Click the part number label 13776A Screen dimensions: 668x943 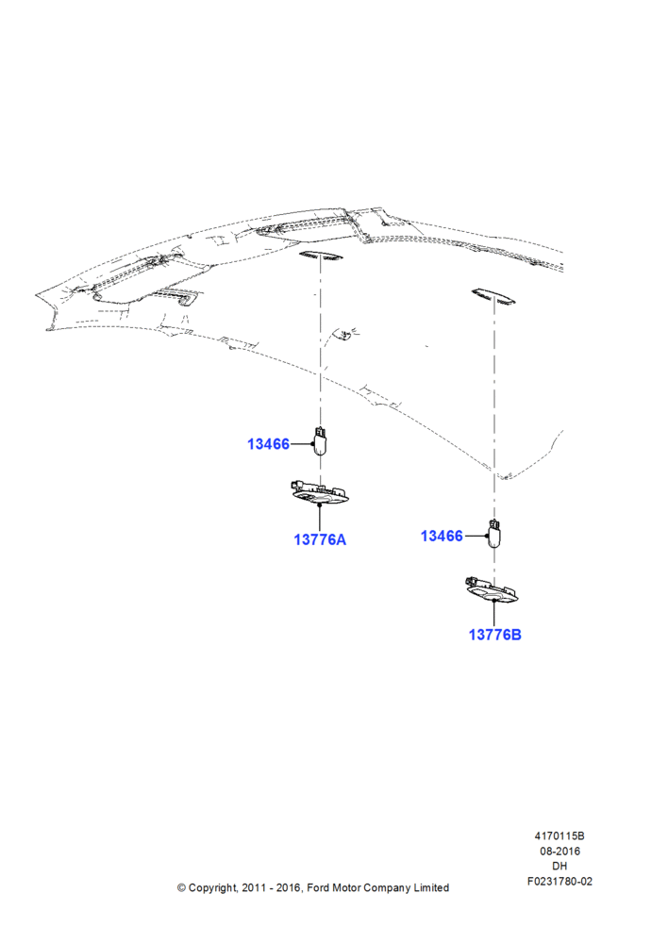(320, 539)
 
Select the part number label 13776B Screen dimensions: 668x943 (494, 635)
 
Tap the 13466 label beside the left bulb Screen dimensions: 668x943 (268, 444)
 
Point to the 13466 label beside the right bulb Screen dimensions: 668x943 (442, 536)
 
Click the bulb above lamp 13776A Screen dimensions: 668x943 (320, 440)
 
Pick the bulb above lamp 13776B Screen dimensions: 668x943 (494, 533)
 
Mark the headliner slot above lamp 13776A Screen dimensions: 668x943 (321, 256)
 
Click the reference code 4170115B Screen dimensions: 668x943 (559, 835)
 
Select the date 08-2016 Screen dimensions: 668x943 (559, 851)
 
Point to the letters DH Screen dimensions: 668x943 (559, 866)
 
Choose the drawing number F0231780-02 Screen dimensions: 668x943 (559, 882)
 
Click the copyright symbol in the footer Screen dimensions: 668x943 (181, 887)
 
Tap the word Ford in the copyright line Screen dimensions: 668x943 (318, 887)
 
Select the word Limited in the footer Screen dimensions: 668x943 (431, 887)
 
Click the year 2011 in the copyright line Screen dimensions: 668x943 (253, 887)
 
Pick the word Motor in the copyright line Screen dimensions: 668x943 (346, 887)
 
